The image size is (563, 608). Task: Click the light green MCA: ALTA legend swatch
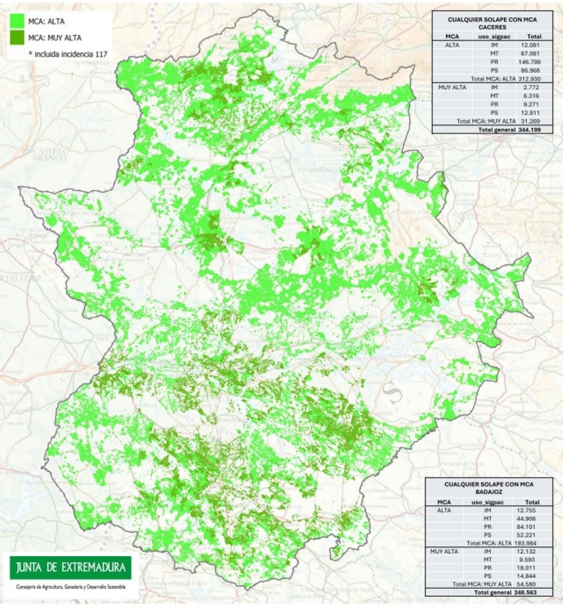click(17, 21)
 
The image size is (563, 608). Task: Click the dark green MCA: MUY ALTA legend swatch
click(17, 38)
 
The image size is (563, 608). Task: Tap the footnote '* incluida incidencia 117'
click(68, 54)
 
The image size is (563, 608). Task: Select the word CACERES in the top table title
click(492, 27)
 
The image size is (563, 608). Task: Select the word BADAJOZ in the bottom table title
click(489, 492)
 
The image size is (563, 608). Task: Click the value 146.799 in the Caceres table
click(530, 62)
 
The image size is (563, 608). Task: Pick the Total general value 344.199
click(529, 129)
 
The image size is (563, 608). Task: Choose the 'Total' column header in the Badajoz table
click(533, 502)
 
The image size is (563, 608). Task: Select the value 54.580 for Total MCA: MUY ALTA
click(529, 584)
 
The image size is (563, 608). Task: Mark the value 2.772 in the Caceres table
click(530, 87)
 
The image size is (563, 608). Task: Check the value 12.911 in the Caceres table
click(530, 113)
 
